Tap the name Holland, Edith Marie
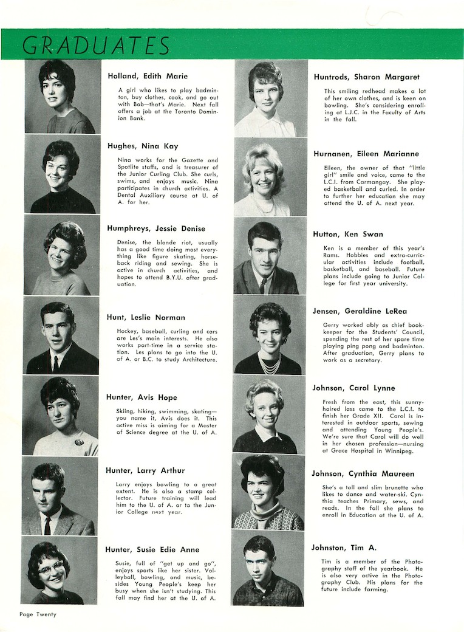click(x=148, y=77)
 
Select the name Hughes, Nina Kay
click(x=143, y=146)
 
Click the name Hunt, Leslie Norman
click(x=146, y=317)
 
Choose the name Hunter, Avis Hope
click(x=142, y=397)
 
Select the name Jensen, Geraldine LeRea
click(x=360, y=311)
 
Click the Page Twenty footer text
click(x=37, y=614)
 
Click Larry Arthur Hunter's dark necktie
click(x=47, y=524)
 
